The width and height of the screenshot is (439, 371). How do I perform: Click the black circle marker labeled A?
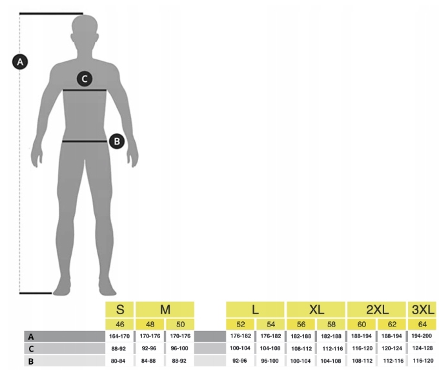point(20,62)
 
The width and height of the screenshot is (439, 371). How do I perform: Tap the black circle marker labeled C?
point(84,79)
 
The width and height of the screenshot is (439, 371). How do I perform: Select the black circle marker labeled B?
point(116,140)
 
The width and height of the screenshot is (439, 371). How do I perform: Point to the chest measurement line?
point(85,91)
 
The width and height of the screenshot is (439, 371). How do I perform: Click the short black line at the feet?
point(36,293)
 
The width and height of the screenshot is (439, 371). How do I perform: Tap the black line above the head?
point(51,13)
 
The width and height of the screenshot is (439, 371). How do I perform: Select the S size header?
point(119,309)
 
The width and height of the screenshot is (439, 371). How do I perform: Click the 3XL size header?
point(422,309)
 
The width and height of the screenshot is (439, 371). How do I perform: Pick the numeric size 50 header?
point(180,324)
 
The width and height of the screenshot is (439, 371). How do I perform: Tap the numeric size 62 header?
point(392,324)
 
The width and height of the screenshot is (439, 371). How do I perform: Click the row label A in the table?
point(30,336)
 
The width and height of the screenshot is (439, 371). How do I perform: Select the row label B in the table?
point(30,361)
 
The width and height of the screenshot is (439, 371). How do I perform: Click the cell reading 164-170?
point(119,336)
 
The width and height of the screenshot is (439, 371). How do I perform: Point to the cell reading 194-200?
point(422,336)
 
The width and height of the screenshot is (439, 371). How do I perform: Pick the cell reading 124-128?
point(422,348)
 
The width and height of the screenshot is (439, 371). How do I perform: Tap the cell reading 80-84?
point(119,361)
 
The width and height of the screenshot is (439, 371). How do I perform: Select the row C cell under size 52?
point(240,348)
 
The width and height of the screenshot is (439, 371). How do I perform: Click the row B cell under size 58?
point(331,361)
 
